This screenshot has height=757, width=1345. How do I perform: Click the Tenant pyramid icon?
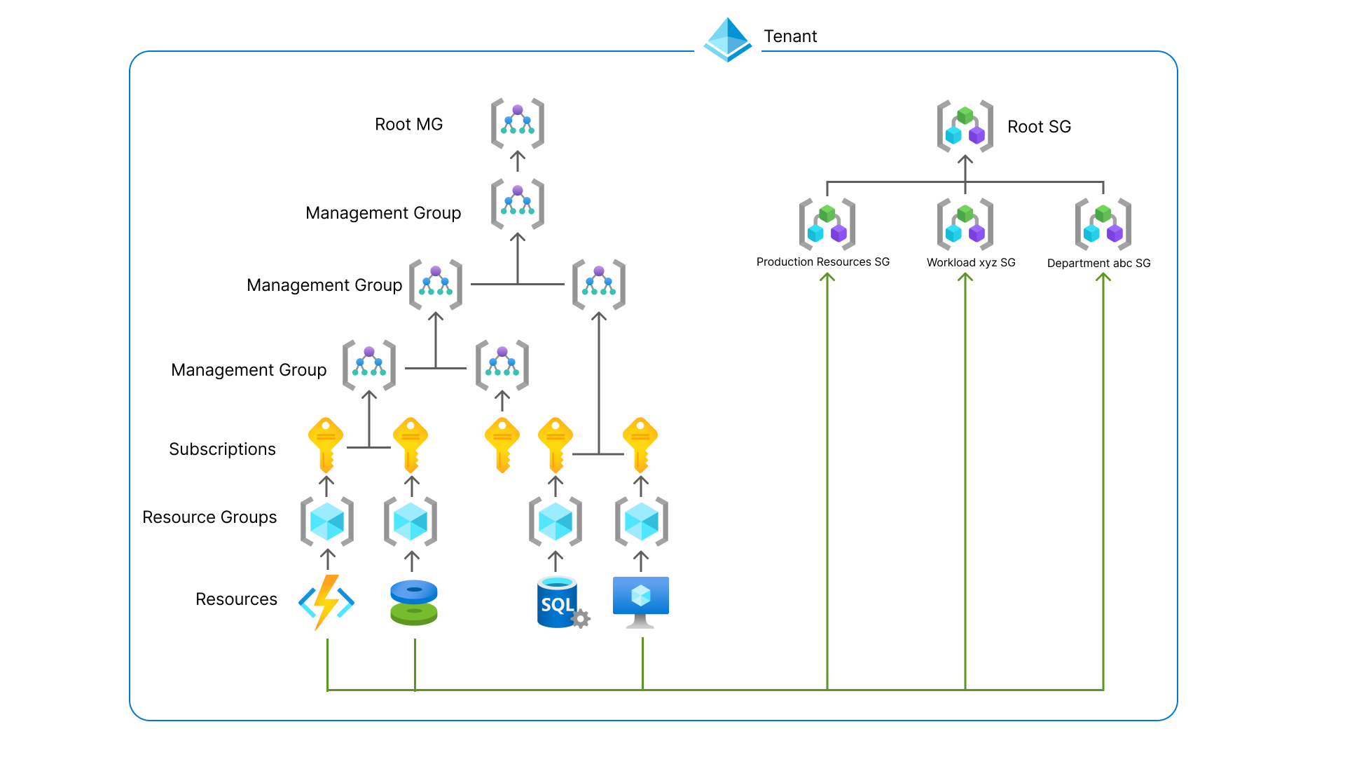(x=728, y=40)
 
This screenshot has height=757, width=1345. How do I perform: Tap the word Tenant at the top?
(x=790, y=36)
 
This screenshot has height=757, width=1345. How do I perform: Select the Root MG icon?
(x=518, y=123)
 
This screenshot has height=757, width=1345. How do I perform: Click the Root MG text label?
(x=408, y=125)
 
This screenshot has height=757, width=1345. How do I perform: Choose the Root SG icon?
(x=965, y=126)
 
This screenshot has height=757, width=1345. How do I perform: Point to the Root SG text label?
(x=1039, y=127)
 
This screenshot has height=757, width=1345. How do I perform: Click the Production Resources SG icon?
(x=827, y=224)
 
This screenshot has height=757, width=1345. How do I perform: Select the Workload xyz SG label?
(x=971, y=263)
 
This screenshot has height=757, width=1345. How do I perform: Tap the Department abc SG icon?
(x=1103, y=224)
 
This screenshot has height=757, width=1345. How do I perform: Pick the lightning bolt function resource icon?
(x=326, y=602)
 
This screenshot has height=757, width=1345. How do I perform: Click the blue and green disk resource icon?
(x=414, y=603)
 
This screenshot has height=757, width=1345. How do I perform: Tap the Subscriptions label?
(x=222, y=449)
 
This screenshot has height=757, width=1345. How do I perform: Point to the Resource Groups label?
(x=209, y=517)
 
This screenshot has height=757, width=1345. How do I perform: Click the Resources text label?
(x=236, y=599)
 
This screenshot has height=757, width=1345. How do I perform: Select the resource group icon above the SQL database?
(x=556, y=521)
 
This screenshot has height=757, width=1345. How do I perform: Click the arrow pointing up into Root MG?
(x=518, y=161)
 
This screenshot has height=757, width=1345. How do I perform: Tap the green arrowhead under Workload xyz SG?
(x=965, y=278)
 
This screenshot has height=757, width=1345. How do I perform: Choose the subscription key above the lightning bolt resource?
(x=326, y=444)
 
